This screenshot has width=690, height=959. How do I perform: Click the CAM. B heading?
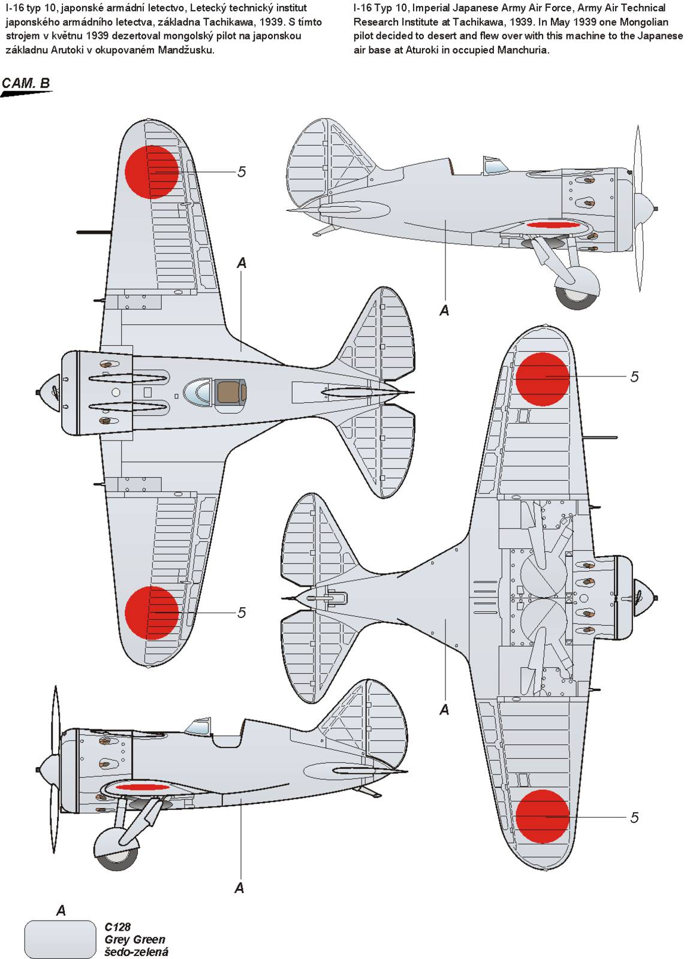click(x=26, y=83)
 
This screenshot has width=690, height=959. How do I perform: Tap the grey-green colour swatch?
click(x=60, y=938)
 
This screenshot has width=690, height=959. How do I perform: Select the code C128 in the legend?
click(x=117, y=927)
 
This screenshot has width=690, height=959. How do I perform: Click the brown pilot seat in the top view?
click(x=229, y=393)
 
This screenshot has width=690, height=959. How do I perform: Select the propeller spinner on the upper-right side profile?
click(x=645, y=209)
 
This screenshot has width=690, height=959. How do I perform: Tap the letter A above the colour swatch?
click(x=61, y=911)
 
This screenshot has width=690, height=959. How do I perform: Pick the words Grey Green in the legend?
click(x=134, y=939)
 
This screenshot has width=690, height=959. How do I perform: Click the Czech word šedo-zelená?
click(x=136, y=952)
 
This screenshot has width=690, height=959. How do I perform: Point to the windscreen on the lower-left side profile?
click(x=197, y=728)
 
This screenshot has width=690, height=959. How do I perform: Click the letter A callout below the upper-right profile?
click(x=444, y=310)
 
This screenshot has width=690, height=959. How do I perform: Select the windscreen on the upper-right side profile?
click(x=492, y=165)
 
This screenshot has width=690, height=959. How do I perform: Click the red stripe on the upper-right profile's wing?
click(x=554, y=226)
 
